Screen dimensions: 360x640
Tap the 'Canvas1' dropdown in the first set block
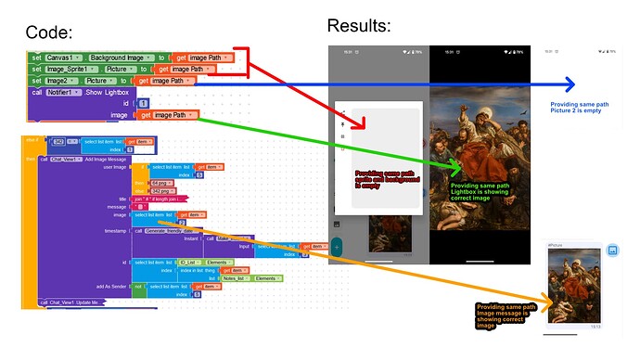coord(65,58)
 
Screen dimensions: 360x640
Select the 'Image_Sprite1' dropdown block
coord(71,70)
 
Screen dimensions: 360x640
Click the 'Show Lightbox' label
coord(114,92)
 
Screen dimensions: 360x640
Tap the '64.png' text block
coord(162,183)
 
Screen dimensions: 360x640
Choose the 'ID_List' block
coord(190,262)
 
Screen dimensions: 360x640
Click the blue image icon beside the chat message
coord(613,251)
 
